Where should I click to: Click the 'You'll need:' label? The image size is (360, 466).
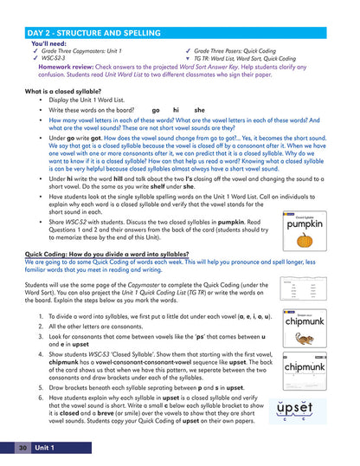pos(51,19)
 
